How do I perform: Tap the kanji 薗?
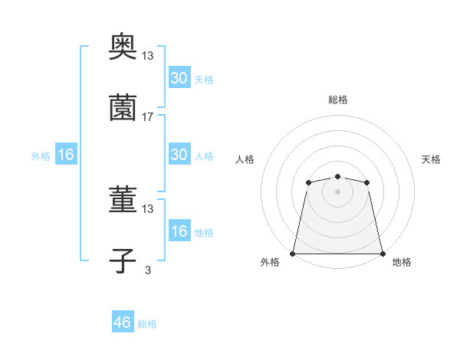pos(123,109)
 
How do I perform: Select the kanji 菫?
pos(123,200)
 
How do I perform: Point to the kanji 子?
pos(123,261)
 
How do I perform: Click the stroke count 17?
pos(148,117)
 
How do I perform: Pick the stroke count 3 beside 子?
pos(148,270)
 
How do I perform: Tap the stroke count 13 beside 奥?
pos(148,56)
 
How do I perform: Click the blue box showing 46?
pos(123,322)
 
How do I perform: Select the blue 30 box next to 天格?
pos(179,77)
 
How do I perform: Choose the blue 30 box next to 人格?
pos(179,154)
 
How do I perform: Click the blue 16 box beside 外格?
pos(66,154)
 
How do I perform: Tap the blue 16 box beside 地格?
pos(179,231)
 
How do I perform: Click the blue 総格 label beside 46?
pos(147,324)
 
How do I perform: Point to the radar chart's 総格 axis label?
pos(337,100)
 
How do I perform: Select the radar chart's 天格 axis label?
pos(431,159)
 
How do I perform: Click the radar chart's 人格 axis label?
pos(245,159)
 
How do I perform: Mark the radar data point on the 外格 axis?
pos(293,253)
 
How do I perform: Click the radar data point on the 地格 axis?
pos(383,253)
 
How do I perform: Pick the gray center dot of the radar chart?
pos(337,191)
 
